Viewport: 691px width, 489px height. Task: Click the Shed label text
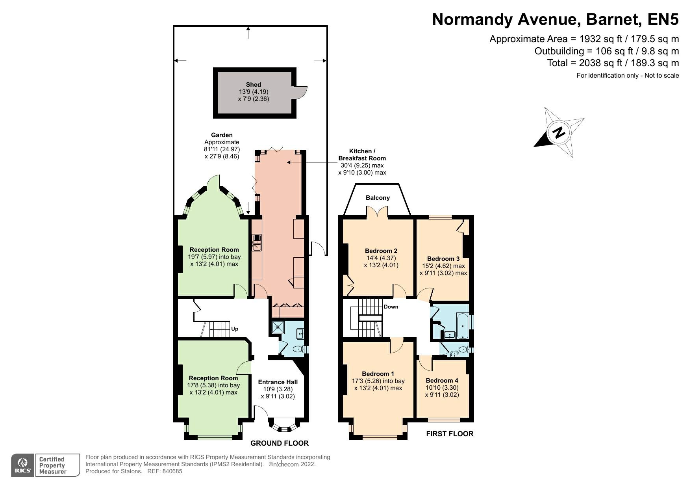point(253,84)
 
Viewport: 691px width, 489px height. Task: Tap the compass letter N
point(558,133)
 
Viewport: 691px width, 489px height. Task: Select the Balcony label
point(378,198)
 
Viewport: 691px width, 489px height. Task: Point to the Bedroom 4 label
point(442,380)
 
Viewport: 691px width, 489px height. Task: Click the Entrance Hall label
point(278,382)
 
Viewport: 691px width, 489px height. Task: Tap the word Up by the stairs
point(235,329)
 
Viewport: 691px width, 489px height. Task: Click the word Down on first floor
point(391,307)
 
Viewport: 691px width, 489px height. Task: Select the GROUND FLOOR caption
point(280,443)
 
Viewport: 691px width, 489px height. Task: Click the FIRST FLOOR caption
point(450,434)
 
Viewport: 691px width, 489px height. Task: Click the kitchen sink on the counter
point(257,242)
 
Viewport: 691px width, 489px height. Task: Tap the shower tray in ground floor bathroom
point(279,327)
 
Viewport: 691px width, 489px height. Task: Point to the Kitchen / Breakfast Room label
point(362,154)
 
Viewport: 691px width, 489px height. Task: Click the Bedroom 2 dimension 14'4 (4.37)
point(381,258)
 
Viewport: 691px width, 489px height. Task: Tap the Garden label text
point(222,135)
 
